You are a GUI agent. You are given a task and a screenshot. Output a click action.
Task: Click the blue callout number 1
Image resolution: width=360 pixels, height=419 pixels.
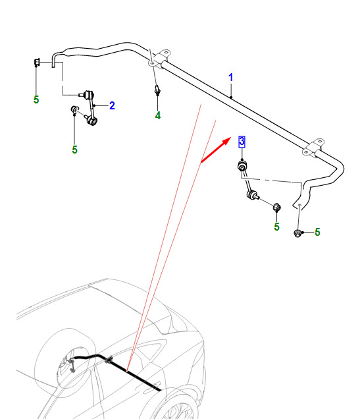[231, 78]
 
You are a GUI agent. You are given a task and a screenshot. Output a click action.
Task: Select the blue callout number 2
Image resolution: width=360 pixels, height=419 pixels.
[112, 105]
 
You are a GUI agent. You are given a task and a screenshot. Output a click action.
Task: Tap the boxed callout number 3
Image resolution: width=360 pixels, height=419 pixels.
[242, 142]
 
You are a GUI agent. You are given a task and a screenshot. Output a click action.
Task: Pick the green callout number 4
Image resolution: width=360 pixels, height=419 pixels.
[158, 115]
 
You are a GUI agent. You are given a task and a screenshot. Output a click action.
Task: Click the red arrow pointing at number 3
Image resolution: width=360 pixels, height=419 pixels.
[216, 150]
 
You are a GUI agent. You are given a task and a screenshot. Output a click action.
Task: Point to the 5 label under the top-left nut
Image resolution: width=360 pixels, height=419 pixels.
[36, 99]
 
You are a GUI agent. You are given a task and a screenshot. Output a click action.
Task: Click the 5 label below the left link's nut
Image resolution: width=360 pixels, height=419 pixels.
[75, 150]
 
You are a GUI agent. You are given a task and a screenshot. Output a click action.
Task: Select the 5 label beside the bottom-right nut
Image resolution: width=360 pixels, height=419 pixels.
[317, 232]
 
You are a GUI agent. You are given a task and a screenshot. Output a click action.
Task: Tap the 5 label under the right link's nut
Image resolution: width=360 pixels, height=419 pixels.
[276, 227]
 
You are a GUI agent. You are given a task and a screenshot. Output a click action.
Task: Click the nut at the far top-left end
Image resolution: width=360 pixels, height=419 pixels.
[37, 62]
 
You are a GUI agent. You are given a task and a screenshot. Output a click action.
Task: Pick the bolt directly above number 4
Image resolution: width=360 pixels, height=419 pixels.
[157, 90]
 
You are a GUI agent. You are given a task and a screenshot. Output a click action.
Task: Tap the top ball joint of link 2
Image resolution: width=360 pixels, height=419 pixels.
[88, 94]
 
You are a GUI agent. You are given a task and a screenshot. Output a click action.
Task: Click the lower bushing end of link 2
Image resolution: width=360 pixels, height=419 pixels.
[91, 121]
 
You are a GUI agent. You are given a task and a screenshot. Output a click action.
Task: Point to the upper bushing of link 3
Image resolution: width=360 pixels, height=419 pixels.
[242, 166]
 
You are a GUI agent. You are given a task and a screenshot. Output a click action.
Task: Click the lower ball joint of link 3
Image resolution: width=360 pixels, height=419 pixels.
[252, 194]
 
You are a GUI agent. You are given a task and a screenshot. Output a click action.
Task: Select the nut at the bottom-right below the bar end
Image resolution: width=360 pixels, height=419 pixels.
[297, 233]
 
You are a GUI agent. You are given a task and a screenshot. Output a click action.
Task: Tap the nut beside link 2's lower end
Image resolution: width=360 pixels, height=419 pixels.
[74, 109]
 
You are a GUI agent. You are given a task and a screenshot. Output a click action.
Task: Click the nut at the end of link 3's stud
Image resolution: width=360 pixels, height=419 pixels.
[277, 207]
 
